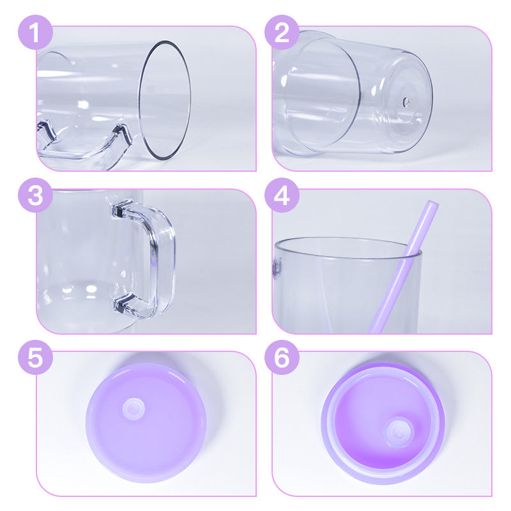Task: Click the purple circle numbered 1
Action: click(35, 33)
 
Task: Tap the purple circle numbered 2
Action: click(282, 33)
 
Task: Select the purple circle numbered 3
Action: click(35, 195)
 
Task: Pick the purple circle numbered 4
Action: click(282, 195)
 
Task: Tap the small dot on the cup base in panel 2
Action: click(406, 102)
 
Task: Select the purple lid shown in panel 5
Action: click(146, 423)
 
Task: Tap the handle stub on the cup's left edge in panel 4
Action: click(277, 268)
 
